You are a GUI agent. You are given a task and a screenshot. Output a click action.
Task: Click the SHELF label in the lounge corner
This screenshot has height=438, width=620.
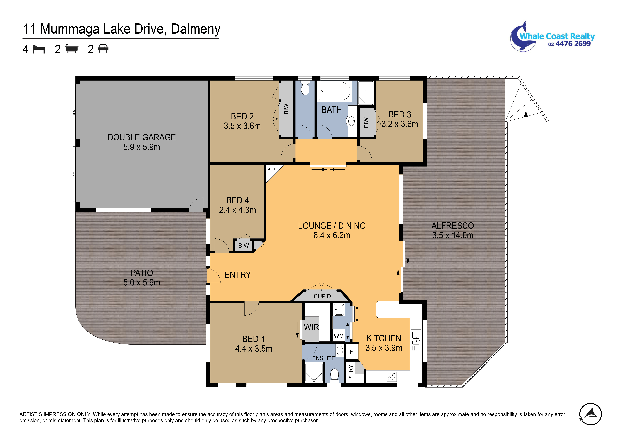pyautogui.click(x=272, y=169)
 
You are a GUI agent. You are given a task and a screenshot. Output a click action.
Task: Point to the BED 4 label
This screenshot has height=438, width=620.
pyautogui.click(x=238, y=200)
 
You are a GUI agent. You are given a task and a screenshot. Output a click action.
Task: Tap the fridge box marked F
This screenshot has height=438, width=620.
pyautogui.click(x=351, y=352)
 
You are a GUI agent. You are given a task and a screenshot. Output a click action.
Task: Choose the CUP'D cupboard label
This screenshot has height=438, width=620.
pyautogui.click(x=322, y=296)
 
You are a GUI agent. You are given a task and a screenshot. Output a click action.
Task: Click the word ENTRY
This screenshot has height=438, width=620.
pyautogui.click(x=238, y=275)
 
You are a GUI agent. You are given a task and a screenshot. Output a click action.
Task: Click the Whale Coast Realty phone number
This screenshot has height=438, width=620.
pyautogui.click(x=570, y=44)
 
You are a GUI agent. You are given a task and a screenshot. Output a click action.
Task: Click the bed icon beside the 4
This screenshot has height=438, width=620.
pyautogui.click(x=39, y=49)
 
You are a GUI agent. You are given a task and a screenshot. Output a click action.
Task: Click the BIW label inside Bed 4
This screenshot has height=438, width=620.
pyautogui.click(x=244, y=245)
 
